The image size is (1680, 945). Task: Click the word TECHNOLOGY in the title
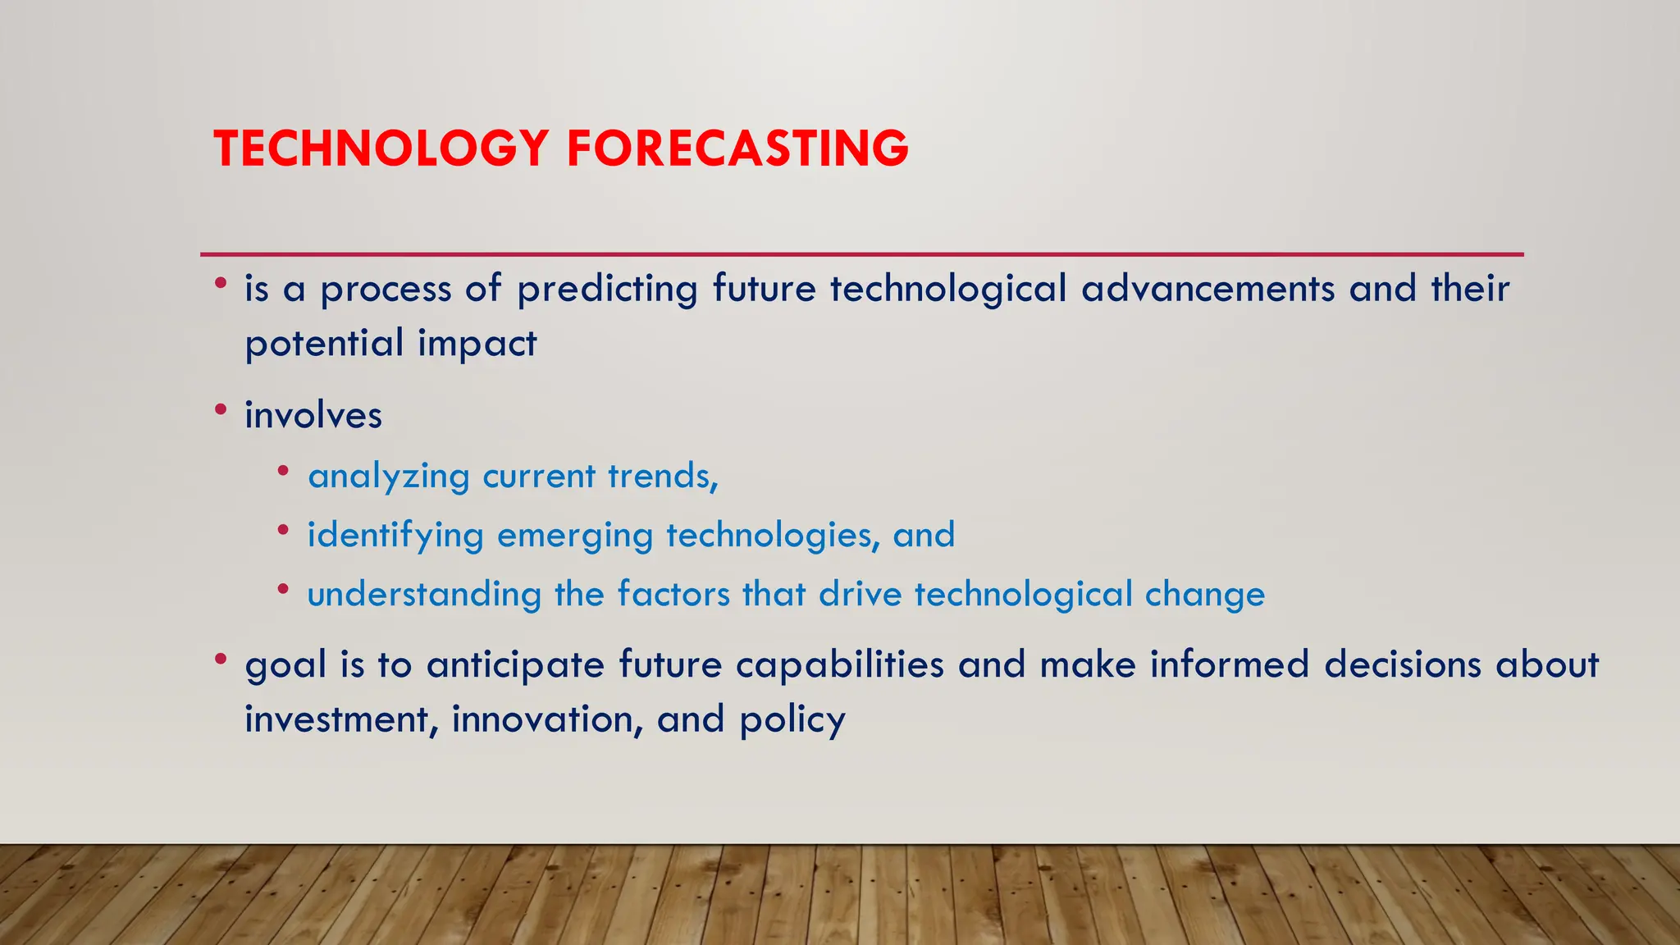pyautogui.click(x=381, y=148)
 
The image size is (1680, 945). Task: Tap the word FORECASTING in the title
pyautogui.click(x=737, y=148)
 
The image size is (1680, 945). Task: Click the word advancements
pyautogui.click(x=1207, y=289)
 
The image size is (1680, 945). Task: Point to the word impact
pyautogui.click(x=477, y=344)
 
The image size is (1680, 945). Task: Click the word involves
pyautogui.click(x=313, y=415)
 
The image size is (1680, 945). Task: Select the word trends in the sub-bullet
pyautogui.click(x=661, y=476)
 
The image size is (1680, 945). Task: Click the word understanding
pyautogui.click(x=424, y=594)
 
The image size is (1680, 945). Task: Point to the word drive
pyautogui.click(x=860, y=594)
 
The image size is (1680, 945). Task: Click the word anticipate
pyautogui.click(x=515, y=665)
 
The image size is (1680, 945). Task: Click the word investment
pyautogui.click(x=336, y=719)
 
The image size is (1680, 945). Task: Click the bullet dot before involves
pyautogui.click(x=220, y=408)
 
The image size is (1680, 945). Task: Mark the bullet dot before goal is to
pyautogui.click(x=220, y=658)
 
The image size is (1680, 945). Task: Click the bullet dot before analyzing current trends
pyautogui.click(x=283, y=471)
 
